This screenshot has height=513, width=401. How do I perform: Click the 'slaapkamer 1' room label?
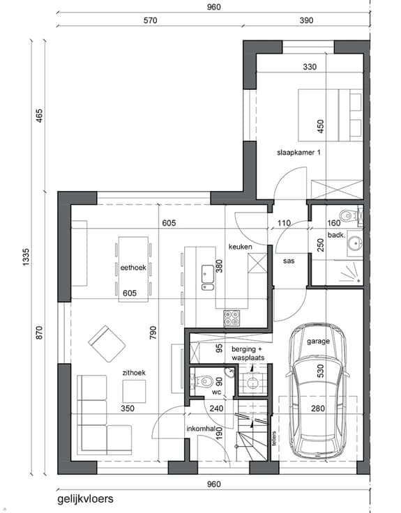pyautogui.click(x=298, y=153)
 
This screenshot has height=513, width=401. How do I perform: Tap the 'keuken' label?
pyautogui.click(x=241, y=247)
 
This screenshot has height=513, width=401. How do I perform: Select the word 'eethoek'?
pyautogui.click(x=133, y=268)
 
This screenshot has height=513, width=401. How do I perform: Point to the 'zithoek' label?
pyautogui.click(x=134, y=373)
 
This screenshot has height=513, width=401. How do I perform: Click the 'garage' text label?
pyautogui.click(x=318, y=342)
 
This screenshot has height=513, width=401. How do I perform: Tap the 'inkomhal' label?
pyautogui.click(x=200, y=429)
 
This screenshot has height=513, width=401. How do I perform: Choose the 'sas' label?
pyautogui.click(x=289, y=261)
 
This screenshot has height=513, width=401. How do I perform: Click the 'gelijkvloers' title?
pyautogui.click(x=86, y=499)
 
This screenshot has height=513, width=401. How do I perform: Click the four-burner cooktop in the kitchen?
pyautogui.click(x=232, y=319)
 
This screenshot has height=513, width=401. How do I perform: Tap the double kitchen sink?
pyautogui.click(x=208, y=278)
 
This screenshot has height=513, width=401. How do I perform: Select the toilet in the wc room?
pyautogui.click(x=204, y=381)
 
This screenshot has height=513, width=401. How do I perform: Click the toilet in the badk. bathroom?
pyautogui.click(x=348, y=215)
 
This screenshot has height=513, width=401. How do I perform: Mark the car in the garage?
pyautogui.click(x=317, y=391)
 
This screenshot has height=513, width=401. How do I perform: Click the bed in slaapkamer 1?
pyautogui.click(x=330, y=115)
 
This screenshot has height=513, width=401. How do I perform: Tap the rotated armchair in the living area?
pyautogui.click(x=107, y=344)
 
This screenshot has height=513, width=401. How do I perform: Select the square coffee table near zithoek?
pyautogui.click(x=134, y=391)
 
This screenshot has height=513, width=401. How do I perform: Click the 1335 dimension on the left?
pyautogui.click(x=27, y=257)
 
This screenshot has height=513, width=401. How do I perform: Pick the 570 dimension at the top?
pyautogui.click(x=150, y=20)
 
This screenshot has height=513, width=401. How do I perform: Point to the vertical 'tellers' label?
pyautogui.click(x=274, y=438)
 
